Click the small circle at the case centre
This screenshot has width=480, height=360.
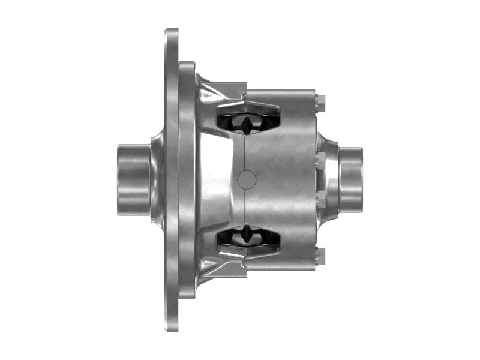tap(247, 179)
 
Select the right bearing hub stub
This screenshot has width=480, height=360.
tap(351, 178)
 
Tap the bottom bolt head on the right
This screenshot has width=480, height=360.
tap(320, 255)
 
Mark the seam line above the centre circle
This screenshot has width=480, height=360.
tap(246, 153)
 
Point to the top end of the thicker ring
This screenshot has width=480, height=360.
tap(187, 64)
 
